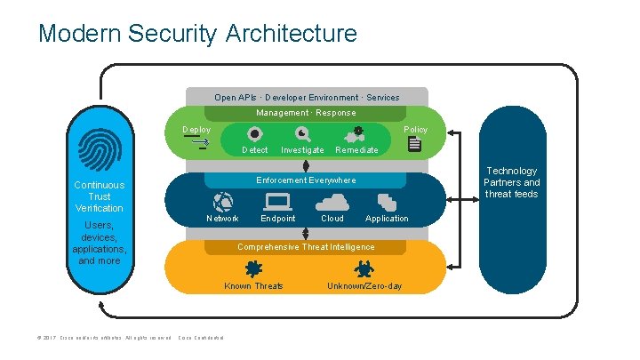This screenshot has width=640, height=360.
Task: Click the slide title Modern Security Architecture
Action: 197,34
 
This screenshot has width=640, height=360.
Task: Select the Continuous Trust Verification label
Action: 100,196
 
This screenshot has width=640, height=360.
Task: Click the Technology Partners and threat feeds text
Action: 511,182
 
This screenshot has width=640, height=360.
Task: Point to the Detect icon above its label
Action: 254,134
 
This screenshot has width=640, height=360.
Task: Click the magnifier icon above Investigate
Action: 302,134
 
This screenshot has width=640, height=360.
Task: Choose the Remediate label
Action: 356,150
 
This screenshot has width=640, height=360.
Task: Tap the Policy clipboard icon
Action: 414,144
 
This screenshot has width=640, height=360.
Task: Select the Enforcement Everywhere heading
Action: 306,180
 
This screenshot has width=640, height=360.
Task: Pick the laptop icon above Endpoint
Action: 277,201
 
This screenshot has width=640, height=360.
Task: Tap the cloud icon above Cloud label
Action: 332,202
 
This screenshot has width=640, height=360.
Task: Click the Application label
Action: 387,218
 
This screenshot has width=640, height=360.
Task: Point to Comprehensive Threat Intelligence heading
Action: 306,246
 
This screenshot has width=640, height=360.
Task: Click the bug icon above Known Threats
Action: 253,268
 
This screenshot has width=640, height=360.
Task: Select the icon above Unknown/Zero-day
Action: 364,268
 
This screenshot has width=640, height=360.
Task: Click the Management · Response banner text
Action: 306,113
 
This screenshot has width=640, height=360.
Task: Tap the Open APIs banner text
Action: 307,97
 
